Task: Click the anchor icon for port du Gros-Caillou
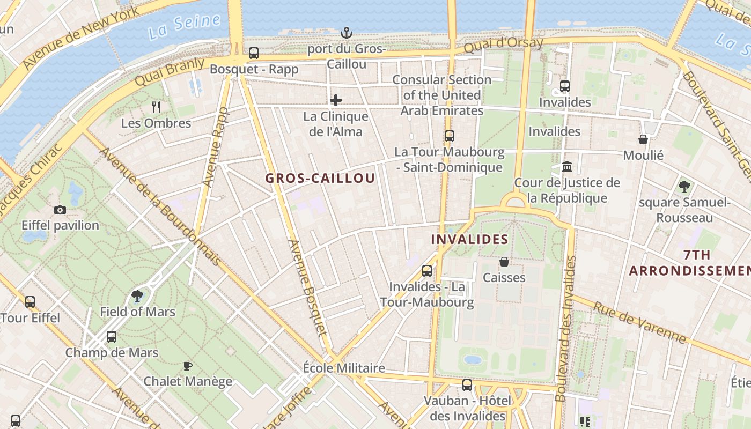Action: [x=347, y=33]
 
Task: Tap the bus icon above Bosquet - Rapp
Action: [x=254, y=53]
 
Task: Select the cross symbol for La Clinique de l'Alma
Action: [x=336, y=100]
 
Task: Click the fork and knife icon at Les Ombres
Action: [x=156, y=107]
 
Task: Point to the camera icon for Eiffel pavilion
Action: [x=60, y=210]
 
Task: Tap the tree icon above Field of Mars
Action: [x=137, y=295]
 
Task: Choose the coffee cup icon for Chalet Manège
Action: [x=187, y=366]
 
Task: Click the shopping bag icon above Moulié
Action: [x=643, y=139]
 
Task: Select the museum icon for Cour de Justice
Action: [x=567, y=167]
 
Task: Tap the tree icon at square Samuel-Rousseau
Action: [x=684, y=187]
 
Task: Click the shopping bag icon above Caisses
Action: [x=504, y=262]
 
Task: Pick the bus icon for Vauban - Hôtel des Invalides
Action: [x=467, y=384]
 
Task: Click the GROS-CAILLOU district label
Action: [x=320, y=179]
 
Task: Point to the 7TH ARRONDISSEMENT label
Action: [x=689, y=263]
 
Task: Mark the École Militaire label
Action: [x=344, y=368]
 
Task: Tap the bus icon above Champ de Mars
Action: [x=112, y=337]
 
